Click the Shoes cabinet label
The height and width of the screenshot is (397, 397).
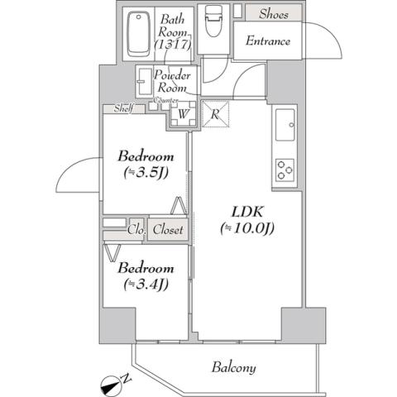tap(274, 13)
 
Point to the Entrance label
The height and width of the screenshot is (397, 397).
tap(267, 41)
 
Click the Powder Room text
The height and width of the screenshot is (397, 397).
tap(173, 82)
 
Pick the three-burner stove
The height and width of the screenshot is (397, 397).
tap(285, 169)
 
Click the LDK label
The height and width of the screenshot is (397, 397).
tap(246, 211)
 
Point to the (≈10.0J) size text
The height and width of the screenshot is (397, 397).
tap(246, 228)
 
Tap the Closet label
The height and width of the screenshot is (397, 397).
tap(167, 230)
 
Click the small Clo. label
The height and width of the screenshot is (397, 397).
tap(136, 230)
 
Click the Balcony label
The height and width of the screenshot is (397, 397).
tap(232, 368)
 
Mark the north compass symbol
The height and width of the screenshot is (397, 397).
tap(113, 381)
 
